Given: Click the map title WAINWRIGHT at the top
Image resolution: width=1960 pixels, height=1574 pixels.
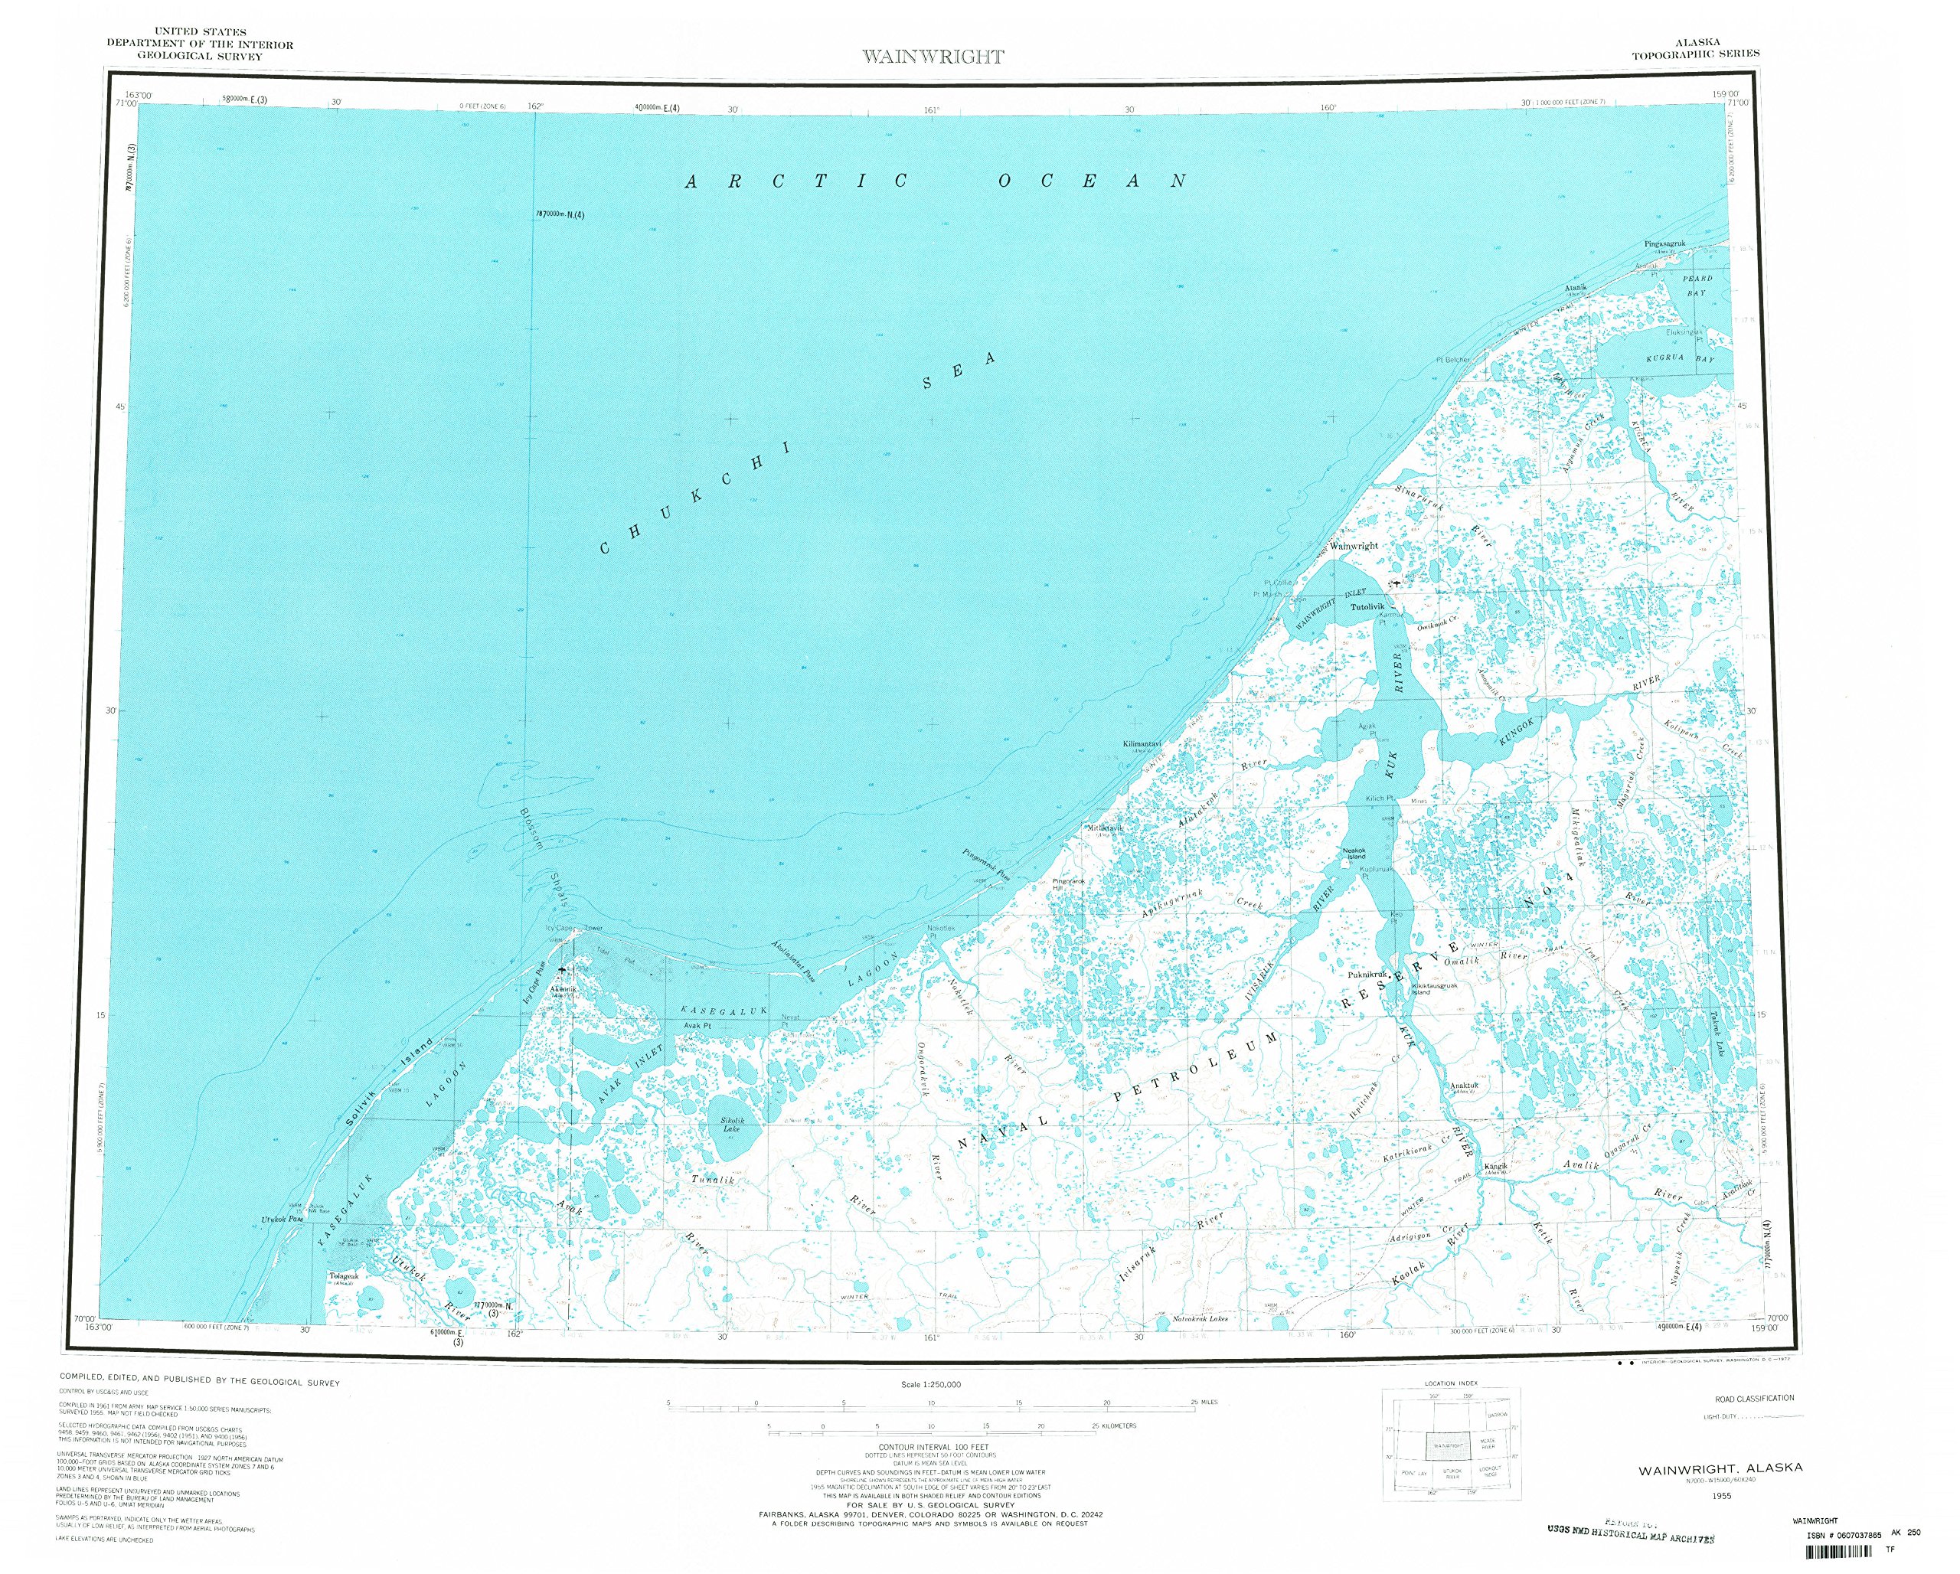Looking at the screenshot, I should [933, 57].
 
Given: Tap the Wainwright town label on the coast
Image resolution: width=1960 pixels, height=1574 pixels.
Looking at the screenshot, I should [1354, 546].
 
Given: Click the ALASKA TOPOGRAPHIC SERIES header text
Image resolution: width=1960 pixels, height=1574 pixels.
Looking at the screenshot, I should [1695, 48].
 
